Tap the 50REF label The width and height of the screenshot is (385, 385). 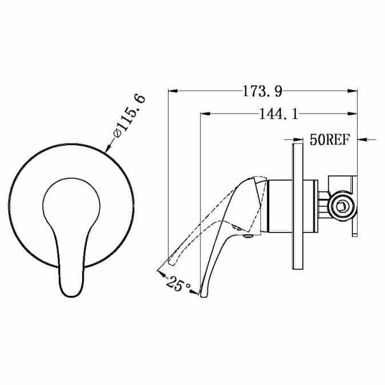[x=329, y=139]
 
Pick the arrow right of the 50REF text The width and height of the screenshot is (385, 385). [x=363, y=139]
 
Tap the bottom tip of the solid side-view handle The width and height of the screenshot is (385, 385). [x=200, y=294]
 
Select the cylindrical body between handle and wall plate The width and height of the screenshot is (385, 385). [x=291, y=206]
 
